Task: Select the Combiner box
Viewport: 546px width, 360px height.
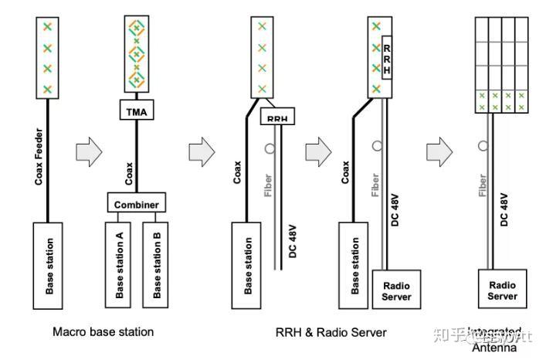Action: [x=136, y=204]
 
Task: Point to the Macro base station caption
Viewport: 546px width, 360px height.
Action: [x=103, y=332]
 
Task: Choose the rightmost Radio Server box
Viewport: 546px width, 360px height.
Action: [x=503, y=290]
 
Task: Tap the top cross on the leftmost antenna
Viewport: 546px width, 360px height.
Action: [x=48, y=27]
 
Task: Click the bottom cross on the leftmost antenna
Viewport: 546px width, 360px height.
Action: [x=48, y=88]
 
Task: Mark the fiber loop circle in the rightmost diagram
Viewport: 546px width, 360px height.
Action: [x=482, y=144]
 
